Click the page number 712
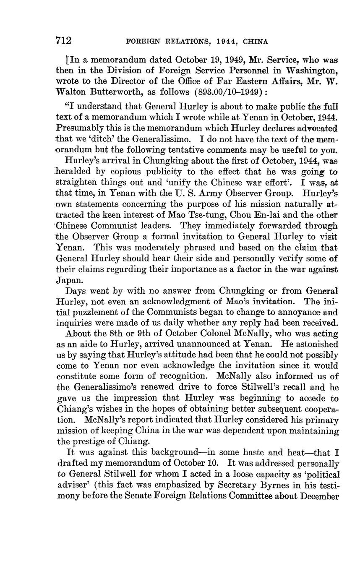point(64,41)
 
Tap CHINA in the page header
point(254,42)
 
